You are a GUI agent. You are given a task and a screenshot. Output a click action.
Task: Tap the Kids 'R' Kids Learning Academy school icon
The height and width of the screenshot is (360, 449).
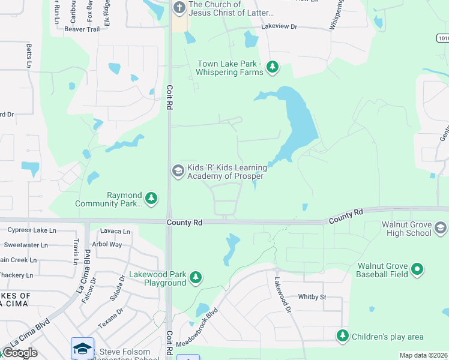[178, 171]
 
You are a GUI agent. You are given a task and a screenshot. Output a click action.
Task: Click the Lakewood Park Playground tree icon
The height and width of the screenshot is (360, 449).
[195, 278]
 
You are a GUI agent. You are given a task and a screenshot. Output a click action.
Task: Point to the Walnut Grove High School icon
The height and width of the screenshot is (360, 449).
[440, 227]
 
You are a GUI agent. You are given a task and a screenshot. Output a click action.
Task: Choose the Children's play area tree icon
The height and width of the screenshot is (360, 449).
[342, 335]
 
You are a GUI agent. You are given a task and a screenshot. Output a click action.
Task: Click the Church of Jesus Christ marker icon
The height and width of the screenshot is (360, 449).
[179, 8]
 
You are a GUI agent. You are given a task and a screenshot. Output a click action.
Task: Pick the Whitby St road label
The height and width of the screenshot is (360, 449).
[312, 297]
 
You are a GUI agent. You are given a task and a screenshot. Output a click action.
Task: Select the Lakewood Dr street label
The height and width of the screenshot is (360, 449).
[282, 295]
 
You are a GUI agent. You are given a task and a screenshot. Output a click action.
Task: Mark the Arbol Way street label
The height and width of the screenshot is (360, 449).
[107, 244]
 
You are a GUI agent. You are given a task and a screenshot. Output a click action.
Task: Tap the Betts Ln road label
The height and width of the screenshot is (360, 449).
[28, 55]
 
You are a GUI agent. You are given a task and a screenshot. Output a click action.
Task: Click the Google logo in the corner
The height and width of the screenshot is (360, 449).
[20, 353]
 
